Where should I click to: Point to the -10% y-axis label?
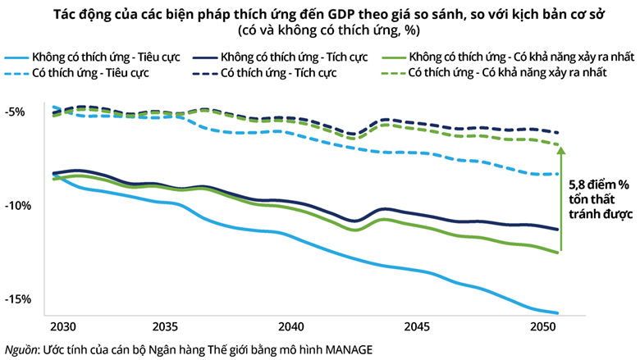(x=18, y=205)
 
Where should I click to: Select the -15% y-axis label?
(x=18, y=299)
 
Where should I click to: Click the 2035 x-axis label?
(x=165, y=326)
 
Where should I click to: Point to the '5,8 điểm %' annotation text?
(x=600, y=185)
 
